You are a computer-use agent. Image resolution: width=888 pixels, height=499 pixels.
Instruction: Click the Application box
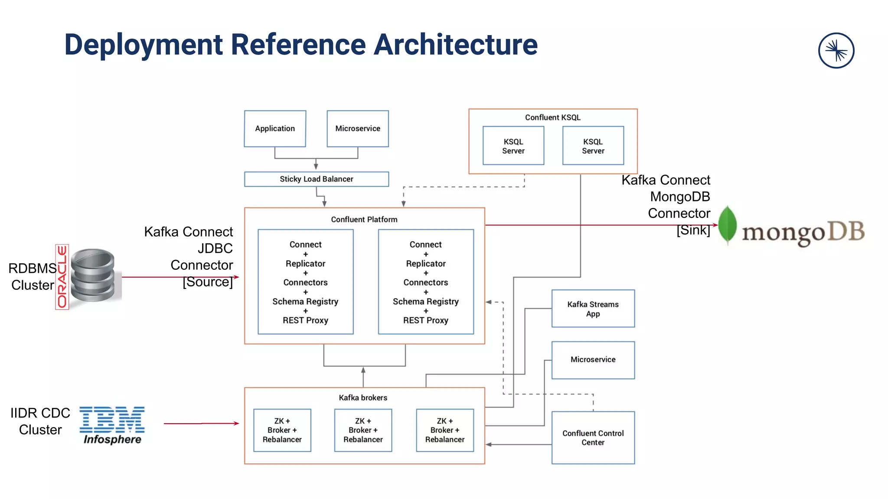(275, 129)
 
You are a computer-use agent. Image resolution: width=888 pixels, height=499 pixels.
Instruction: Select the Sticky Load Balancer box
(316, 179)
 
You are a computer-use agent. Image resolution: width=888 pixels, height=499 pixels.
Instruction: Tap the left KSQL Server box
(513, 146)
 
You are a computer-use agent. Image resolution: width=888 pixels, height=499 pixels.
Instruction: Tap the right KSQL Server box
(593, 146)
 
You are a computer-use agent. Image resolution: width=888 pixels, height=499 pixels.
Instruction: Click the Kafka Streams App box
(593, 308)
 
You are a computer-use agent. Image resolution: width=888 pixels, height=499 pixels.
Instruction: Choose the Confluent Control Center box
(593, 437)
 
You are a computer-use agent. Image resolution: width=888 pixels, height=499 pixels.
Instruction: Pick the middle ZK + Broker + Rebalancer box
(363, 430)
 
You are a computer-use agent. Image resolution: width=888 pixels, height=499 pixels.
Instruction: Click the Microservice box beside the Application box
(357, 129)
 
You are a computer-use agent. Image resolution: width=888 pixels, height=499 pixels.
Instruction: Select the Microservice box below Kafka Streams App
(593, 360)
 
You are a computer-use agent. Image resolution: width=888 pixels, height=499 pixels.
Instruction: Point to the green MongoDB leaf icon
(727, 224)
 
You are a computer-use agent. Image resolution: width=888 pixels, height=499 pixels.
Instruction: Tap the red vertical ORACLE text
(62, 276)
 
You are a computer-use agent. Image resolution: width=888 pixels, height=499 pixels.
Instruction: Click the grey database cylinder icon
(93, 275)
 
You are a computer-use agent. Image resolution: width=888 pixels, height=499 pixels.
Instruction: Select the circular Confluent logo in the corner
(836, 51)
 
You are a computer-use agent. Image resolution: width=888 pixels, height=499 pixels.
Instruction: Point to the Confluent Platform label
(364, 220)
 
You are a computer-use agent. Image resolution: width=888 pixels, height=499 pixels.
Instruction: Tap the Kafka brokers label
(363, 398)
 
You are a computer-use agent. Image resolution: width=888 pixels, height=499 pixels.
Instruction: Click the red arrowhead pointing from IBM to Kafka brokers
(236, 423)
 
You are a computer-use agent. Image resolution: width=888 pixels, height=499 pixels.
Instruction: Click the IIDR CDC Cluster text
(40, 421)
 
